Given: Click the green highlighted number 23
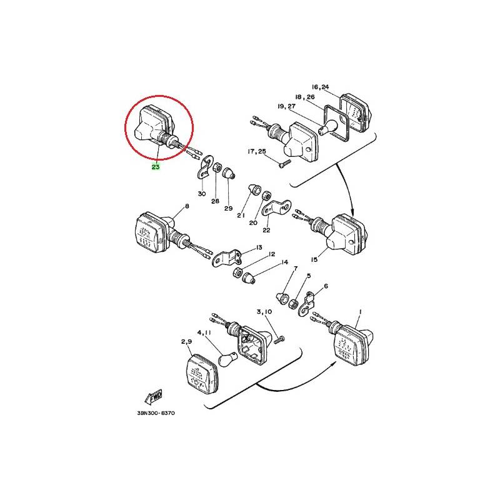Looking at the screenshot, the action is tap(155, 167).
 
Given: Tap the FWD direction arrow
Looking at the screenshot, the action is tap(153, 397).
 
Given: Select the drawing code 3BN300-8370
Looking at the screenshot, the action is tap(156, 413).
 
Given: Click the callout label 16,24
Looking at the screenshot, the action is tap(320, 87).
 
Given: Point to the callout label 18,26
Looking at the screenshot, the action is tap(305, 97).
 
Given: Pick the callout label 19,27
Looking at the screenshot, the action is tap(286, 106).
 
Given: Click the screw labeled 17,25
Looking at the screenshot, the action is tap(285, 164).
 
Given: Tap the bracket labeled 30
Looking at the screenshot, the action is tap(205, 167).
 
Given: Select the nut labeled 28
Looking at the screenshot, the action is tap(217, 167).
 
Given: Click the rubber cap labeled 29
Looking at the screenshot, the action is tap(229, 174).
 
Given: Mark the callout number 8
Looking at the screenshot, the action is tap(187, 206).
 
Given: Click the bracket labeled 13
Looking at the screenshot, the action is tap(227, 257).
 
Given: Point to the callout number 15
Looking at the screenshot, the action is tap(314, 259).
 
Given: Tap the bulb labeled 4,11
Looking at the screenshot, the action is tap(227, 358).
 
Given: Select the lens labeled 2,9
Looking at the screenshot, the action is tap(201, 374).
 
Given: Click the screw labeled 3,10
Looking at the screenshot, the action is tap(279, 339).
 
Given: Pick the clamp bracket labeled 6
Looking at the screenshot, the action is tap(306, 304).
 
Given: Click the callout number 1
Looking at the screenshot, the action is tap(361, 311).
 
